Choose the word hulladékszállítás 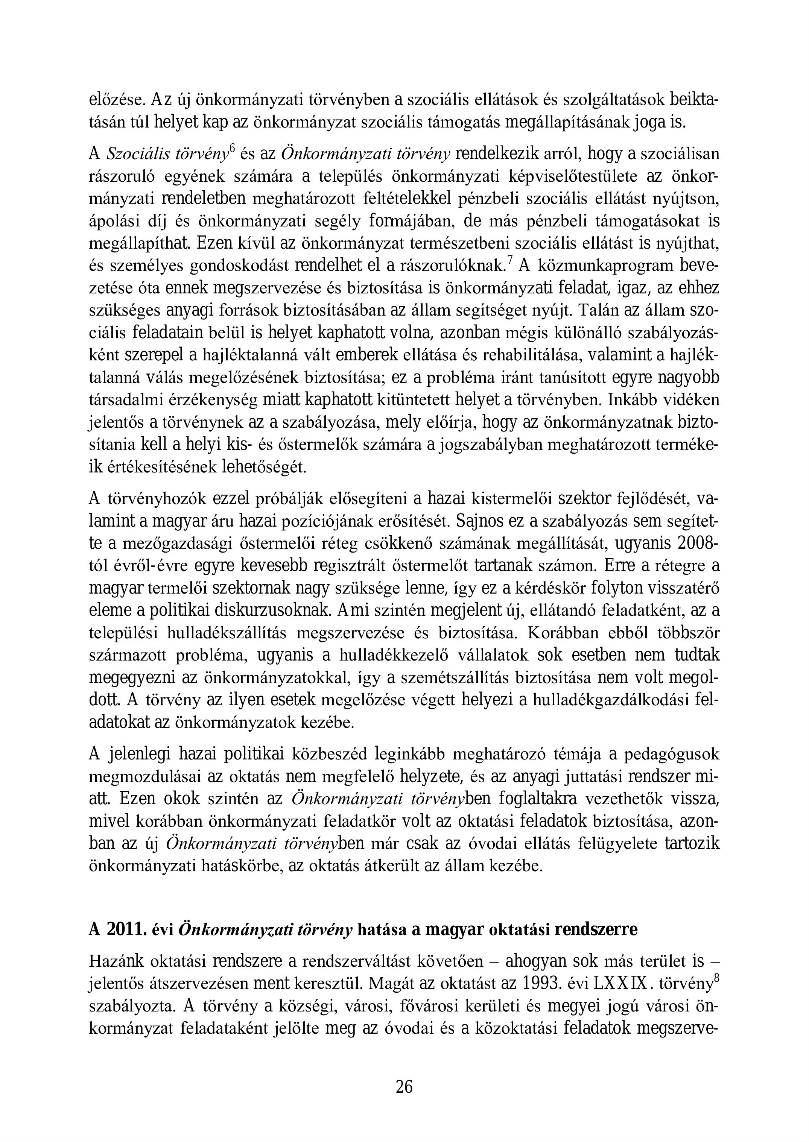click(226, 633)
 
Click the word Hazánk click(116, 961)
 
